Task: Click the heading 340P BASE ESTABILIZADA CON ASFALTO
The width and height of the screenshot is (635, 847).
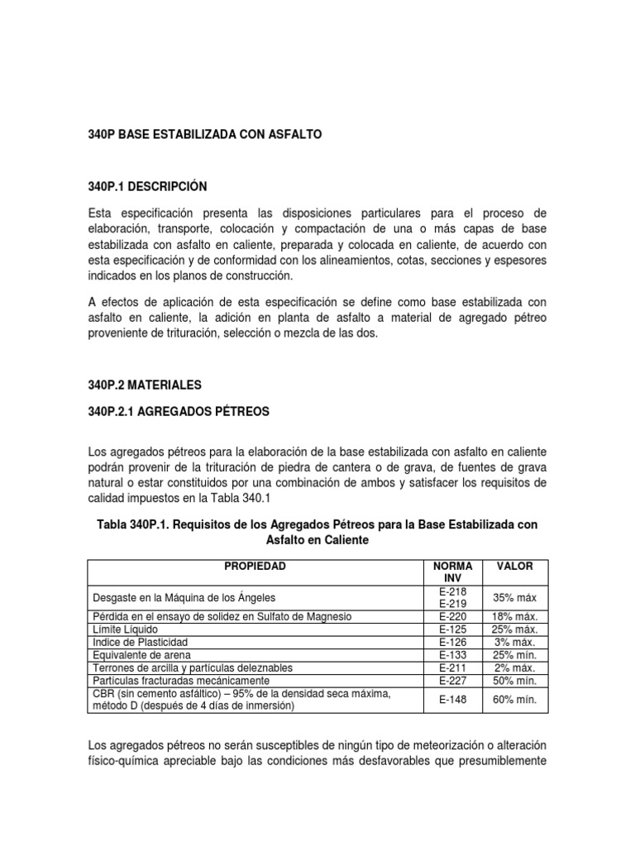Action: [x=203, y=133]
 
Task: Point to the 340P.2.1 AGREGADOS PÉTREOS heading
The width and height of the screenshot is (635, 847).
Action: [x=178, y=411]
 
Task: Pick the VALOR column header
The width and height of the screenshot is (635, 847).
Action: [x=514, y=567]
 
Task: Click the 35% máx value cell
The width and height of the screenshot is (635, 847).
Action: [x=514, y=597]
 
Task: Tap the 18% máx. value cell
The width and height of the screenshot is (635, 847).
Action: [x=514, y=617]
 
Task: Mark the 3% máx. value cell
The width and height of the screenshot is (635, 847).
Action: [x=514, y=642]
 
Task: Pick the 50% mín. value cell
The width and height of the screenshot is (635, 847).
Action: [x=514, y=680]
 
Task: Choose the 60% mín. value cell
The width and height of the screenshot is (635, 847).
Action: [x=514, y=700]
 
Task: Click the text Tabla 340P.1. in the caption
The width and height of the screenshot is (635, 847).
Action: [x=134, y=524]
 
